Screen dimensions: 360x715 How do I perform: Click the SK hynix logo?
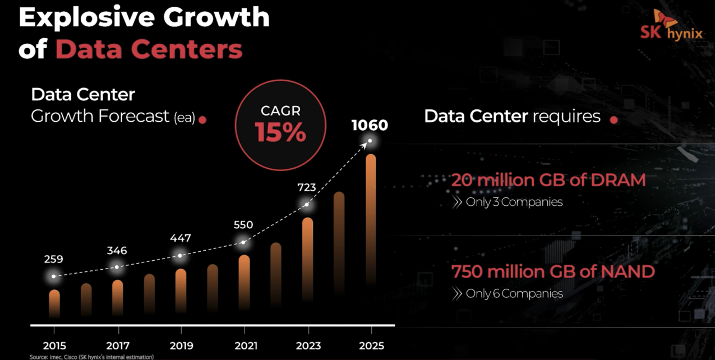[671, 26]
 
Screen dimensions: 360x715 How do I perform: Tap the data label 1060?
[370, 125]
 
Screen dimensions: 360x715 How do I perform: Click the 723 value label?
[306, 187]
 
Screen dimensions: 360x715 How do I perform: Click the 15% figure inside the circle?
[280, 133]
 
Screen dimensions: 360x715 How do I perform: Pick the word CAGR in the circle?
[280, 111]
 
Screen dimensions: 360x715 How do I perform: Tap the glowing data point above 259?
[54, 276]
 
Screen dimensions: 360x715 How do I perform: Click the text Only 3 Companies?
[514, 202]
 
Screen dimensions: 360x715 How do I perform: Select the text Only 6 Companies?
[514, 293]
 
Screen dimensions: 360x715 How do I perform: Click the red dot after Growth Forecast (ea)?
[203, 119]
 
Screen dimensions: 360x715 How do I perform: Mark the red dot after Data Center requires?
[614, 119]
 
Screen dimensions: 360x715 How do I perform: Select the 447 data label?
[180, 238]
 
